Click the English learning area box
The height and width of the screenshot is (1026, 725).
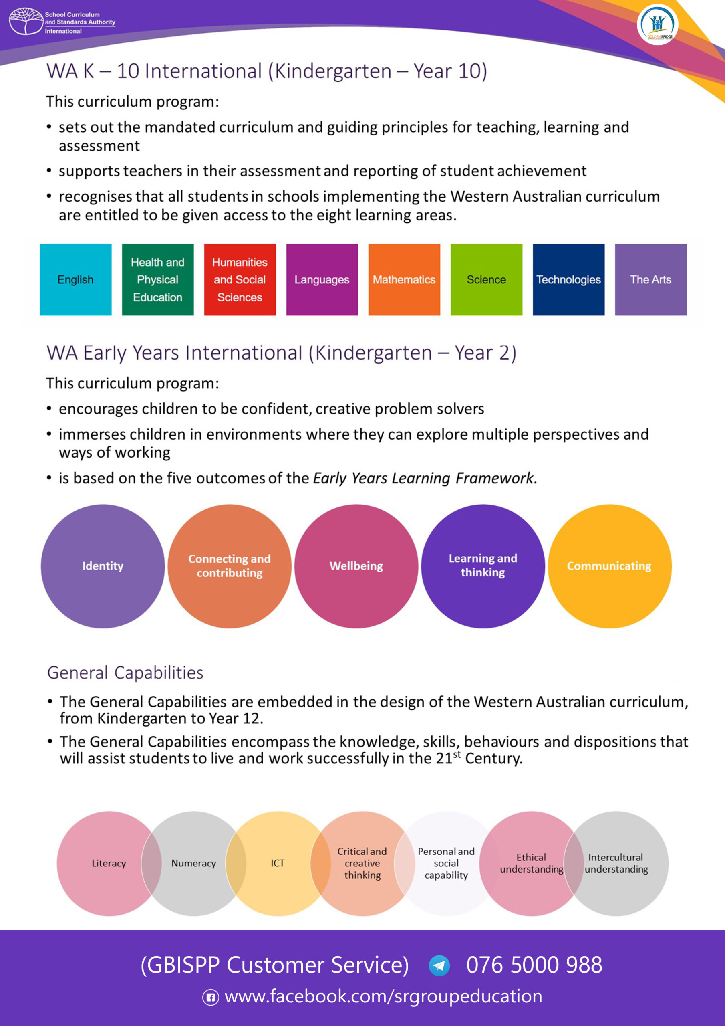click(x=75, y=280)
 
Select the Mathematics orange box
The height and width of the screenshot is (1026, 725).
click(x=404, y=280)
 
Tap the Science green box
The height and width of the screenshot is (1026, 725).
click(x=486, y=280)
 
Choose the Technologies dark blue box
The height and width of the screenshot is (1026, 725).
click(x=568, y=280)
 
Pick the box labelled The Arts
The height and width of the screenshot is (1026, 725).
click(x=650, y=280)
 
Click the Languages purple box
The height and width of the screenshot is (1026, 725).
click(x=322, y=280)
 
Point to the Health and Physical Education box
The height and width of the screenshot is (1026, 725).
click(x=158, y=280)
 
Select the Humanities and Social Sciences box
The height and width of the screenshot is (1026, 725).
click(x=240, y=280)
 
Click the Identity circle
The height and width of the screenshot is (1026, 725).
click(x=103, y=566)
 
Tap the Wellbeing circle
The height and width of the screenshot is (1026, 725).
click(x=356, y=566)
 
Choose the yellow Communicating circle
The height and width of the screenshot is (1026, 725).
click(x=609, y=566)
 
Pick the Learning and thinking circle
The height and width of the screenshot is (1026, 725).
click(x=483, y=566)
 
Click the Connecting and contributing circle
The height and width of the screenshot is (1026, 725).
click(x=230, y=566)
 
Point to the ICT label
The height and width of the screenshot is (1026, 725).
click(x=278, y=863)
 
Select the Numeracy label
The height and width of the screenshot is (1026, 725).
click(x=193, y=863)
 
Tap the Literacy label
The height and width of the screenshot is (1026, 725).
click(x=109, y=863)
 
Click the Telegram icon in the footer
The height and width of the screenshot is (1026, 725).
click(x=439, y=965)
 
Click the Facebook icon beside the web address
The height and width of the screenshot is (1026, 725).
click(x=211, y=997)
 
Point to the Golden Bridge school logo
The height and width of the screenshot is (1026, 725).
click(x=657, y=24)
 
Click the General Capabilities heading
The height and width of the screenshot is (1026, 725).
click(x=125, y=673)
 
